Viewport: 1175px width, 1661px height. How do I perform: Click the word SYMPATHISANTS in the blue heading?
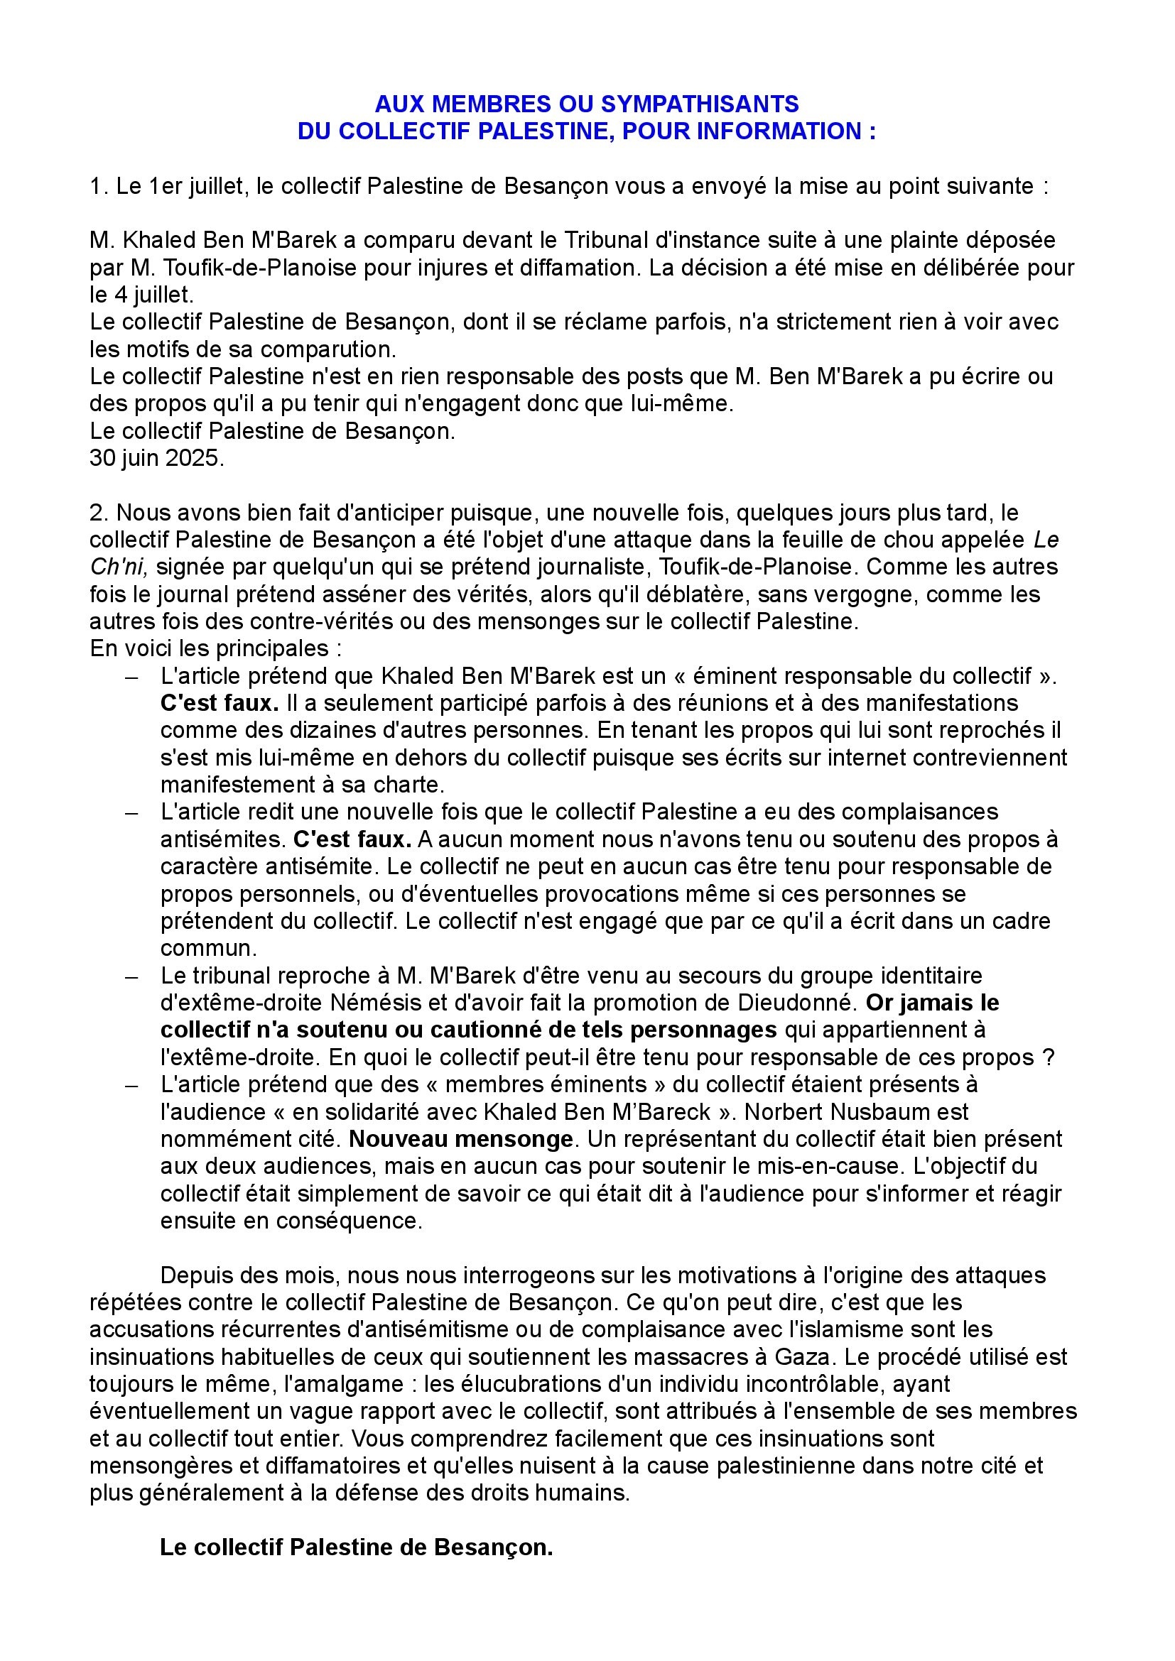pos(700,104)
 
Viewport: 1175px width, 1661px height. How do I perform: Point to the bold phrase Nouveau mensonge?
pos(461,1139)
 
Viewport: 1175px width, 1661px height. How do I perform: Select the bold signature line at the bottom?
pos(356,1548)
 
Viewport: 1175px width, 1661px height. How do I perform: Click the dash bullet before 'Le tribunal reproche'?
pos(131,976)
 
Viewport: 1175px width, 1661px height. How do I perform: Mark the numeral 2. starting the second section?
pos(99,513)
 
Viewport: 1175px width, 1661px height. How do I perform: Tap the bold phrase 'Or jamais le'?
pos(932,1003)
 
